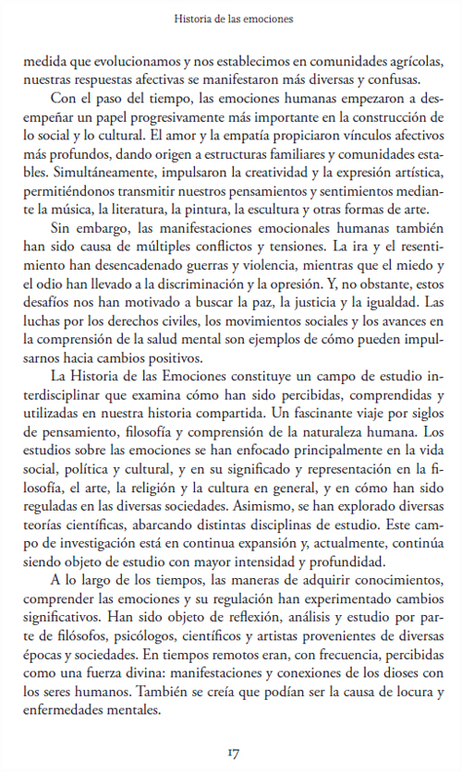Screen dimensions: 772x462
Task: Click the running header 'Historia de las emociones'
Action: pos(231,18)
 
